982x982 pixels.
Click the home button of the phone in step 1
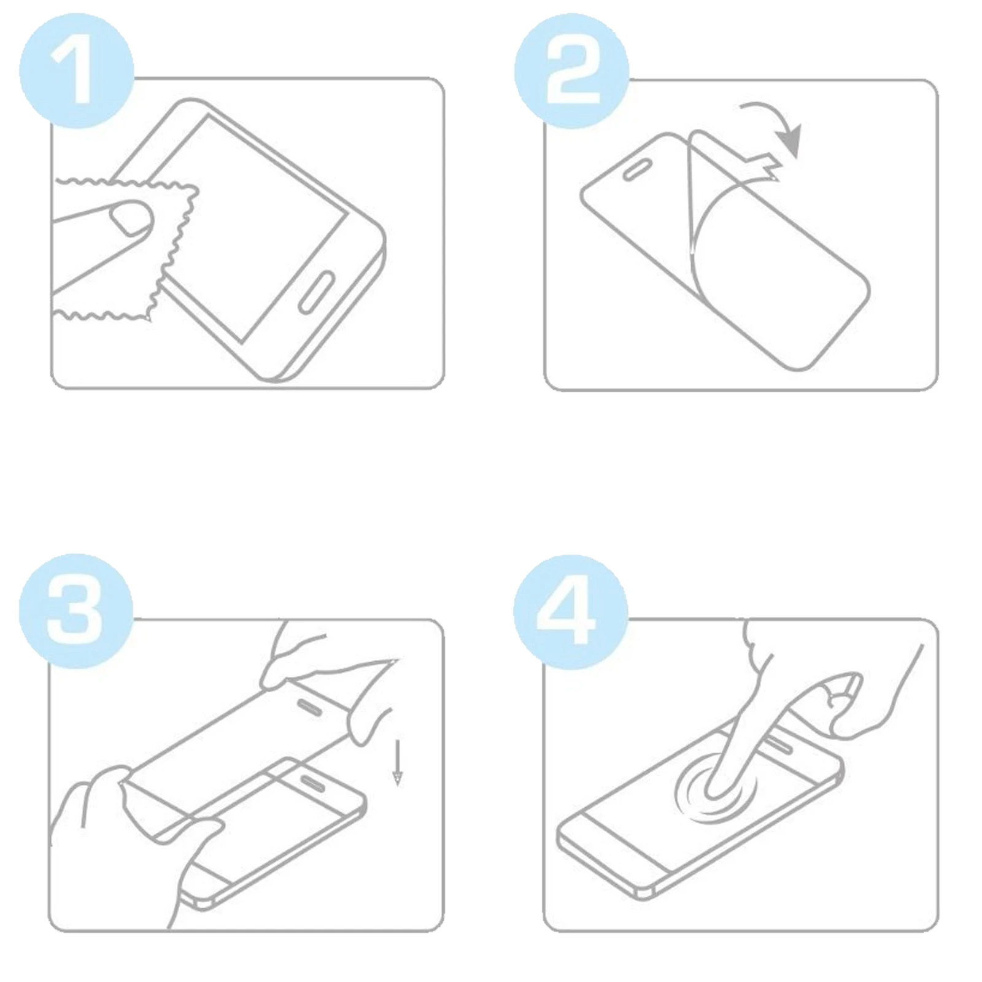[316, 292]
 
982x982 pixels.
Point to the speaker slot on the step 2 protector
[638, 171]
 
